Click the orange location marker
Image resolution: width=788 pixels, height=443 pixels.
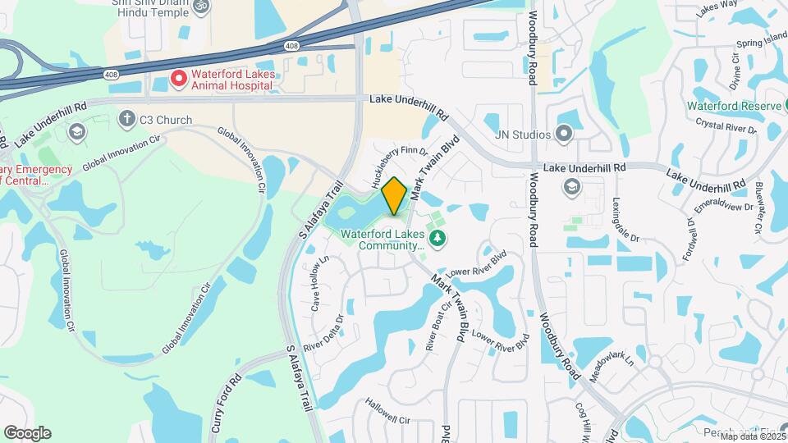[395, 196]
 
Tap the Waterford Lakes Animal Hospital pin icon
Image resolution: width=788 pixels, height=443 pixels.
[179, 79]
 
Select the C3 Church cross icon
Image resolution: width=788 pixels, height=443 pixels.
[126, 120]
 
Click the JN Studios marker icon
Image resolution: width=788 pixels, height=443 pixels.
[563, 133]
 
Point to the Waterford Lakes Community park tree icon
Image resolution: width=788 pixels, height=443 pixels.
[439, 238]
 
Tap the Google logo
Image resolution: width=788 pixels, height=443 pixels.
[27, 432]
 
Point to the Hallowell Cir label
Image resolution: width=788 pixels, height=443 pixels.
[387, 419]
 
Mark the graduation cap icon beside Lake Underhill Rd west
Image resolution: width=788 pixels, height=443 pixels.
[76, 131]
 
